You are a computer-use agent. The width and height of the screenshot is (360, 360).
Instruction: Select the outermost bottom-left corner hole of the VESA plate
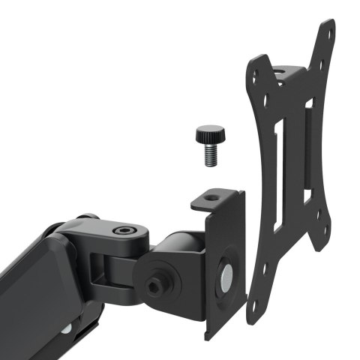pyautogui.click(x=253, y=307)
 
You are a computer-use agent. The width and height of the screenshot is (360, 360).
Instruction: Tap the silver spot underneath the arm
pyautogui.click(x=67, y=328)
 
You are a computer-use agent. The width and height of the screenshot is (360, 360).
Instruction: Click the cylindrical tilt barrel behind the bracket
pyautogui.click(x=180, y=247)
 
